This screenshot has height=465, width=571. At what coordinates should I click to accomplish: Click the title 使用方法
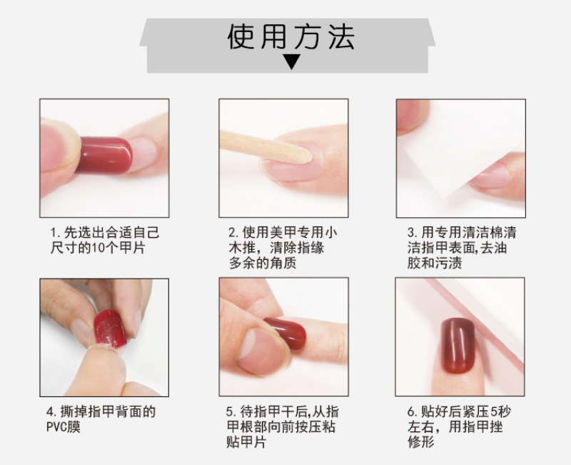click(x=290, y=37)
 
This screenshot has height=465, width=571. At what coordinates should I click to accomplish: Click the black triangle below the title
click(x=292, y=62)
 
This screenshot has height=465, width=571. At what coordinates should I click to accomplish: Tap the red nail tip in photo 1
click(x=103, y=155)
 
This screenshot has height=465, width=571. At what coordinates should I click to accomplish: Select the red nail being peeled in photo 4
click(x=110, y=329)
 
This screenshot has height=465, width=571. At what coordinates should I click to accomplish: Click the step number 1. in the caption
click(x=56, y=233)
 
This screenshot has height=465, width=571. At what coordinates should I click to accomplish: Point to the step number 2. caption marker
click(x=234, y=233)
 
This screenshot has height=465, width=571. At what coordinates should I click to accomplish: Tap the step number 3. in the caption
click(x=413, y=233)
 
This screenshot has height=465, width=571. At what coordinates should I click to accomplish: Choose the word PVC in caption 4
click(x=56, y=426)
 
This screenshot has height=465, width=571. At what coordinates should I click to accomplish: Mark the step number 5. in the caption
click(x=231, y=412)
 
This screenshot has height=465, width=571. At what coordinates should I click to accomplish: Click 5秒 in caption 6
click(x=501, y=411)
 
